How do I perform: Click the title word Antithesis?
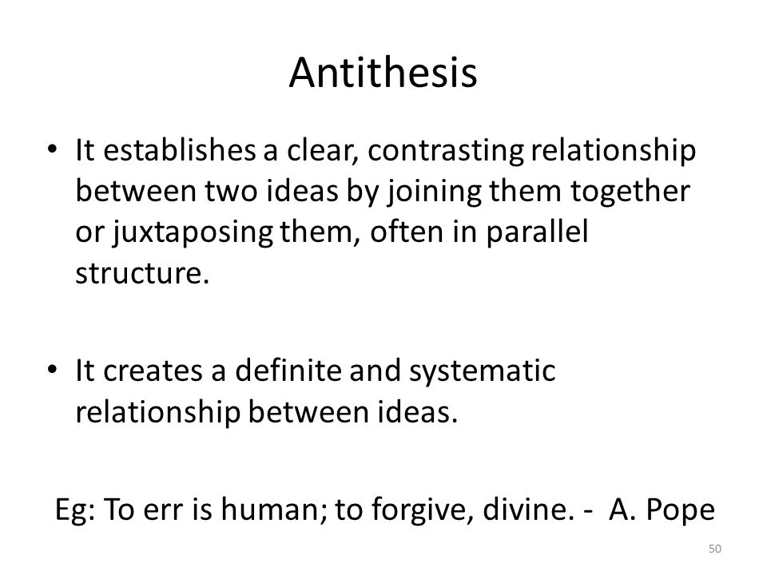383,73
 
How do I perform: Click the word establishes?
180,150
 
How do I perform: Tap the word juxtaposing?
193,233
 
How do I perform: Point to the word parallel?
537,232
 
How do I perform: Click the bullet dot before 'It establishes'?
53,149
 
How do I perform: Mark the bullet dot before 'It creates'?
53,369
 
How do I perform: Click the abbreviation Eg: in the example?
75,510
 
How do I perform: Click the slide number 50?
714,549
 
